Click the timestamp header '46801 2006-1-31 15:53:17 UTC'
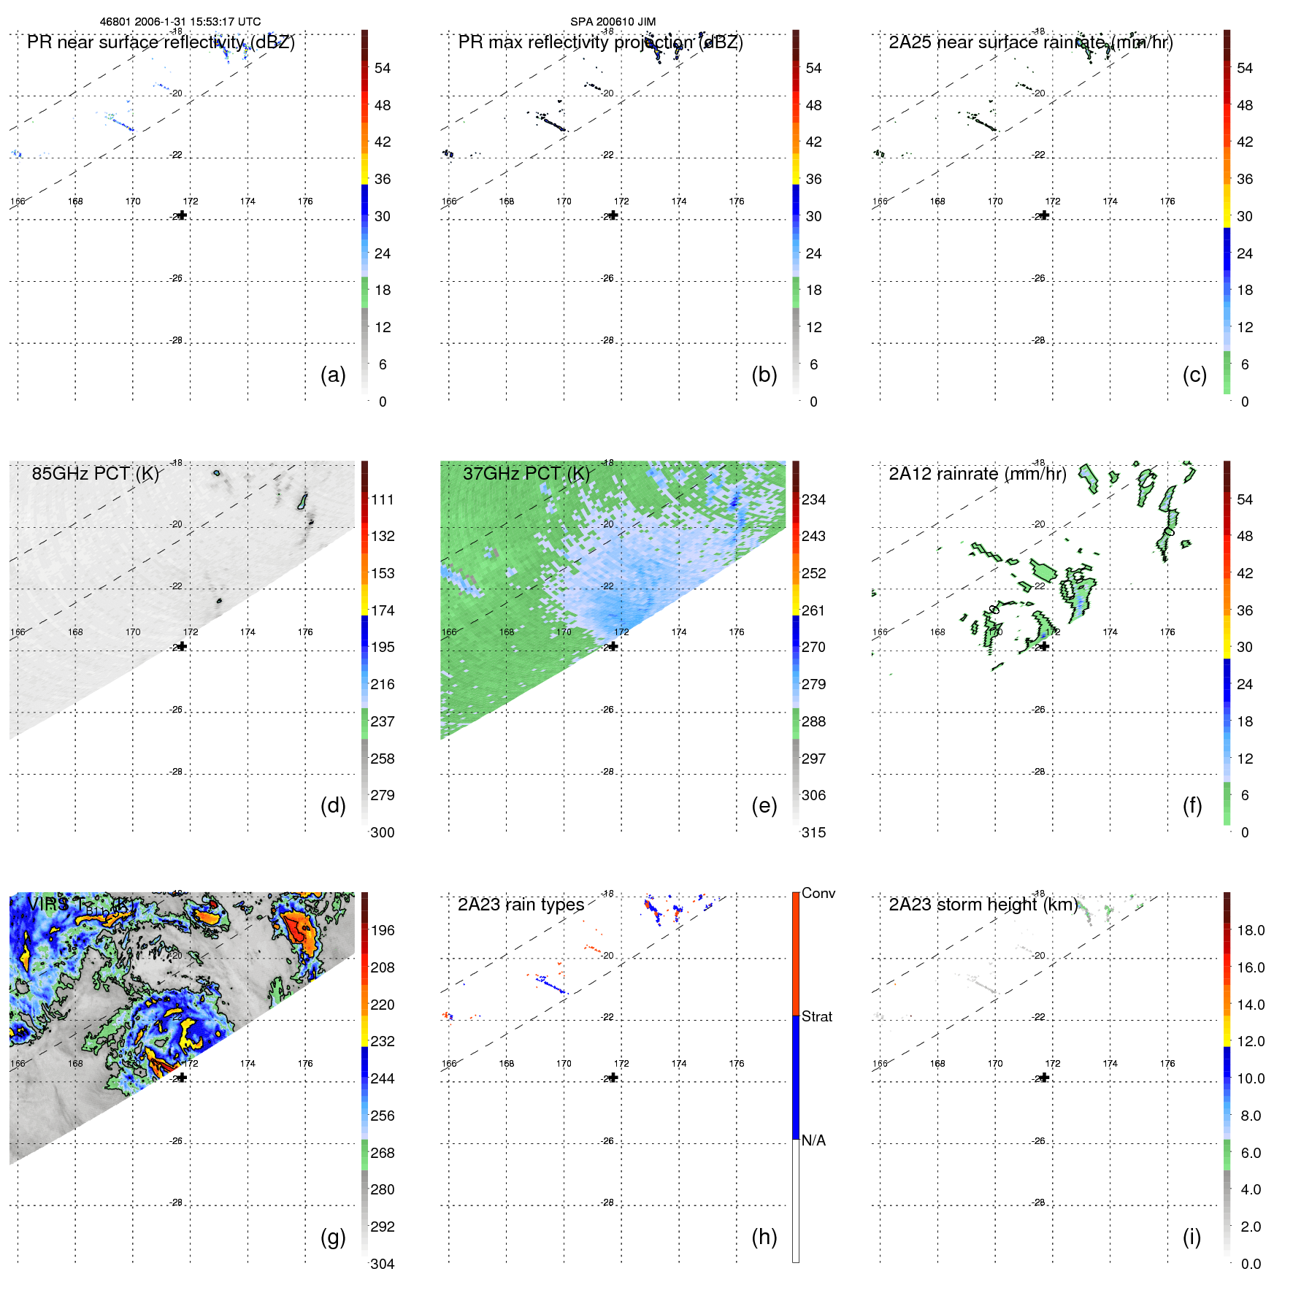180,22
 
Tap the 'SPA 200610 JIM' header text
613,22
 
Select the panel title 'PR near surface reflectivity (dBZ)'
161,42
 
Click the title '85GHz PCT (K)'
95,474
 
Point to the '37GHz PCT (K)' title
526,474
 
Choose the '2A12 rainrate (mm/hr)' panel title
977,474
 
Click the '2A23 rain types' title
521,905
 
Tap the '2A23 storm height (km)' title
983,905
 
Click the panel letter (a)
333,375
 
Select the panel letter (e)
764,806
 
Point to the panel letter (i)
1192,1237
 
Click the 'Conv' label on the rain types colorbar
818,893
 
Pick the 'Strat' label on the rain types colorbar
816,1016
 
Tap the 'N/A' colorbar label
813,1140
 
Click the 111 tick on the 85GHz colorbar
383,499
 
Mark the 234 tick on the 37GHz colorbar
813,499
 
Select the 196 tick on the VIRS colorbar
383,930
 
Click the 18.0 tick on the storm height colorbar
1251,930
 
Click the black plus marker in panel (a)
183,215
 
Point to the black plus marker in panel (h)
614,1078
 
